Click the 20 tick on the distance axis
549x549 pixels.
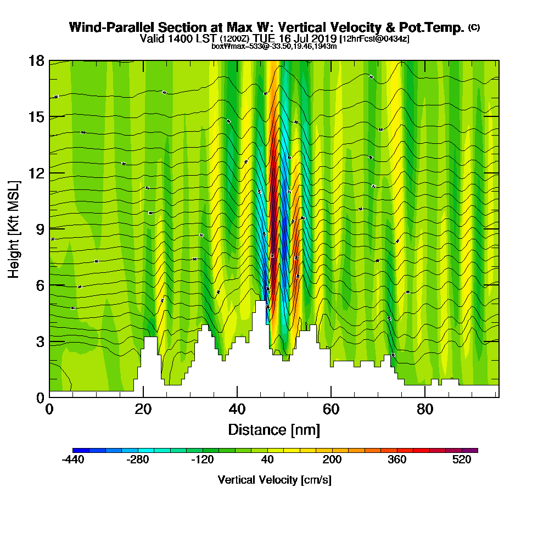click(x=143, y=409)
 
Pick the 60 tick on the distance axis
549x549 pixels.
click(x=330, y=409)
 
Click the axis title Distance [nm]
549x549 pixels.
click(x=274, y=429)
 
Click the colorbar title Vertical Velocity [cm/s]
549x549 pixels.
click(x=274, y=480)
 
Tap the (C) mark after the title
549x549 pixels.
click(x=474, y=27)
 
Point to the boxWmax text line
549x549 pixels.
click(x=274, y=46)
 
